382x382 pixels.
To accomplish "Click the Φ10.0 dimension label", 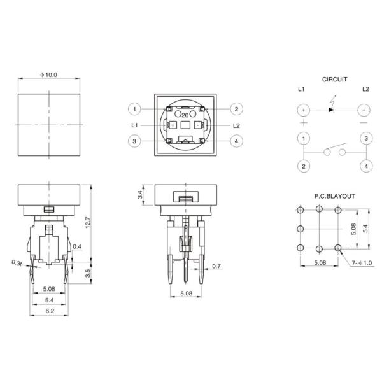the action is (49, 74).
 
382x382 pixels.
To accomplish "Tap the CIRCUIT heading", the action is (334, 80).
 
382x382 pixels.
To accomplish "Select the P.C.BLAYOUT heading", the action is (334, 196).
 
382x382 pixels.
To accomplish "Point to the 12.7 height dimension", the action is (88, 222).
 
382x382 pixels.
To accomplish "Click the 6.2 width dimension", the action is (50, 311).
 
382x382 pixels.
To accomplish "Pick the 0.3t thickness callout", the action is (17, 263).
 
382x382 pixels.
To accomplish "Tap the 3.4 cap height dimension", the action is (140, 195).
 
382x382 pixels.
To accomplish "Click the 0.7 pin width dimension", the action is (216, 266).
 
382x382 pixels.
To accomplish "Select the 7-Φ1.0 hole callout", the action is (362, 263).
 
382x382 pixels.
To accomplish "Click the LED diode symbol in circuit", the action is (331, 110).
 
